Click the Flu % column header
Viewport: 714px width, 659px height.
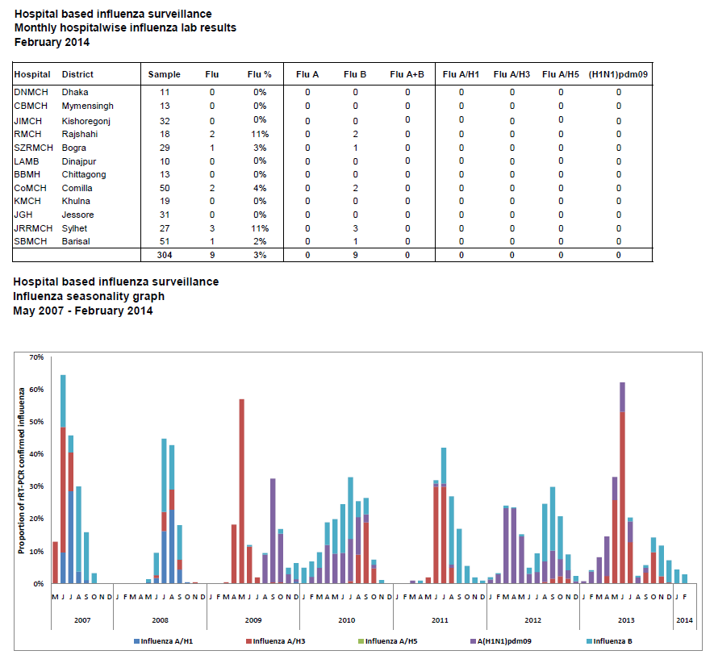(260, 74)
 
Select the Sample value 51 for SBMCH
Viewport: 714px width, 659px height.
(165, 241)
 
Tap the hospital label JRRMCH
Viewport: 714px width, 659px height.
(33, 228)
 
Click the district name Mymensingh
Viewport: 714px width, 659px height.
(87, 106)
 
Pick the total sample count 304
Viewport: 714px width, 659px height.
(165, 255)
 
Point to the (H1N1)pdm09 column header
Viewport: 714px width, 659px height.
(618, 74)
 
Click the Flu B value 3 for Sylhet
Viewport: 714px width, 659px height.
(355, 228)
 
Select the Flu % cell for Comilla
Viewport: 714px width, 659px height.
(260, 188)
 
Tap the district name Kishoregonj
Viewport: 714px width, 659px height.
(86, 121)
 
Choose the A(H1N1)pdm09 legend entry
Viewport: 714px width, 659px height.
(500, 641)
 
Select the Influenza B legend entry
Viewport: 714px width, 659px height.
(609, 641)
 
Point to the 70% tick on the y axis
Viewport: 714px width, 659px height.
(36, 357)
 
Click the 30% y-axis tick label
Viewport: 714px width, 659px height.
(36, 486)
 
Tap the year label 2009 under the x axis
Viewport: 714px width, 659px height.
(253, 619)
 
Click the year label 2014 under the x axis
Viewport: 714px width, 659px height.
(684, 619)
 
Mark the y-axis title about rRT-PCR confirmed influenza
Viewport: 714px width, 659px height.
(22, 470)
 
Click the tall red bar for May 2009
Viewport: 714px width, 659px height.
(242, 491)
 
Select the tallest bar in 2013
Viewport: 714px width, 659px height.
(623, 483)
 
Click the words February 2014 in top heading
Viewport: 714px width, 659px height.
(52, 42)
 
